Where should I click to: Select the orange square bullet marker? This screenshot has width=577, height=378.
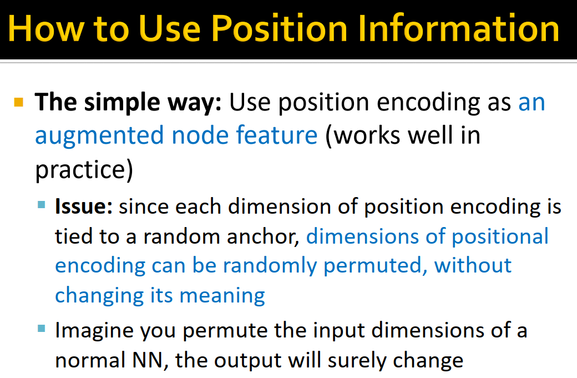click(19, 102)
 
